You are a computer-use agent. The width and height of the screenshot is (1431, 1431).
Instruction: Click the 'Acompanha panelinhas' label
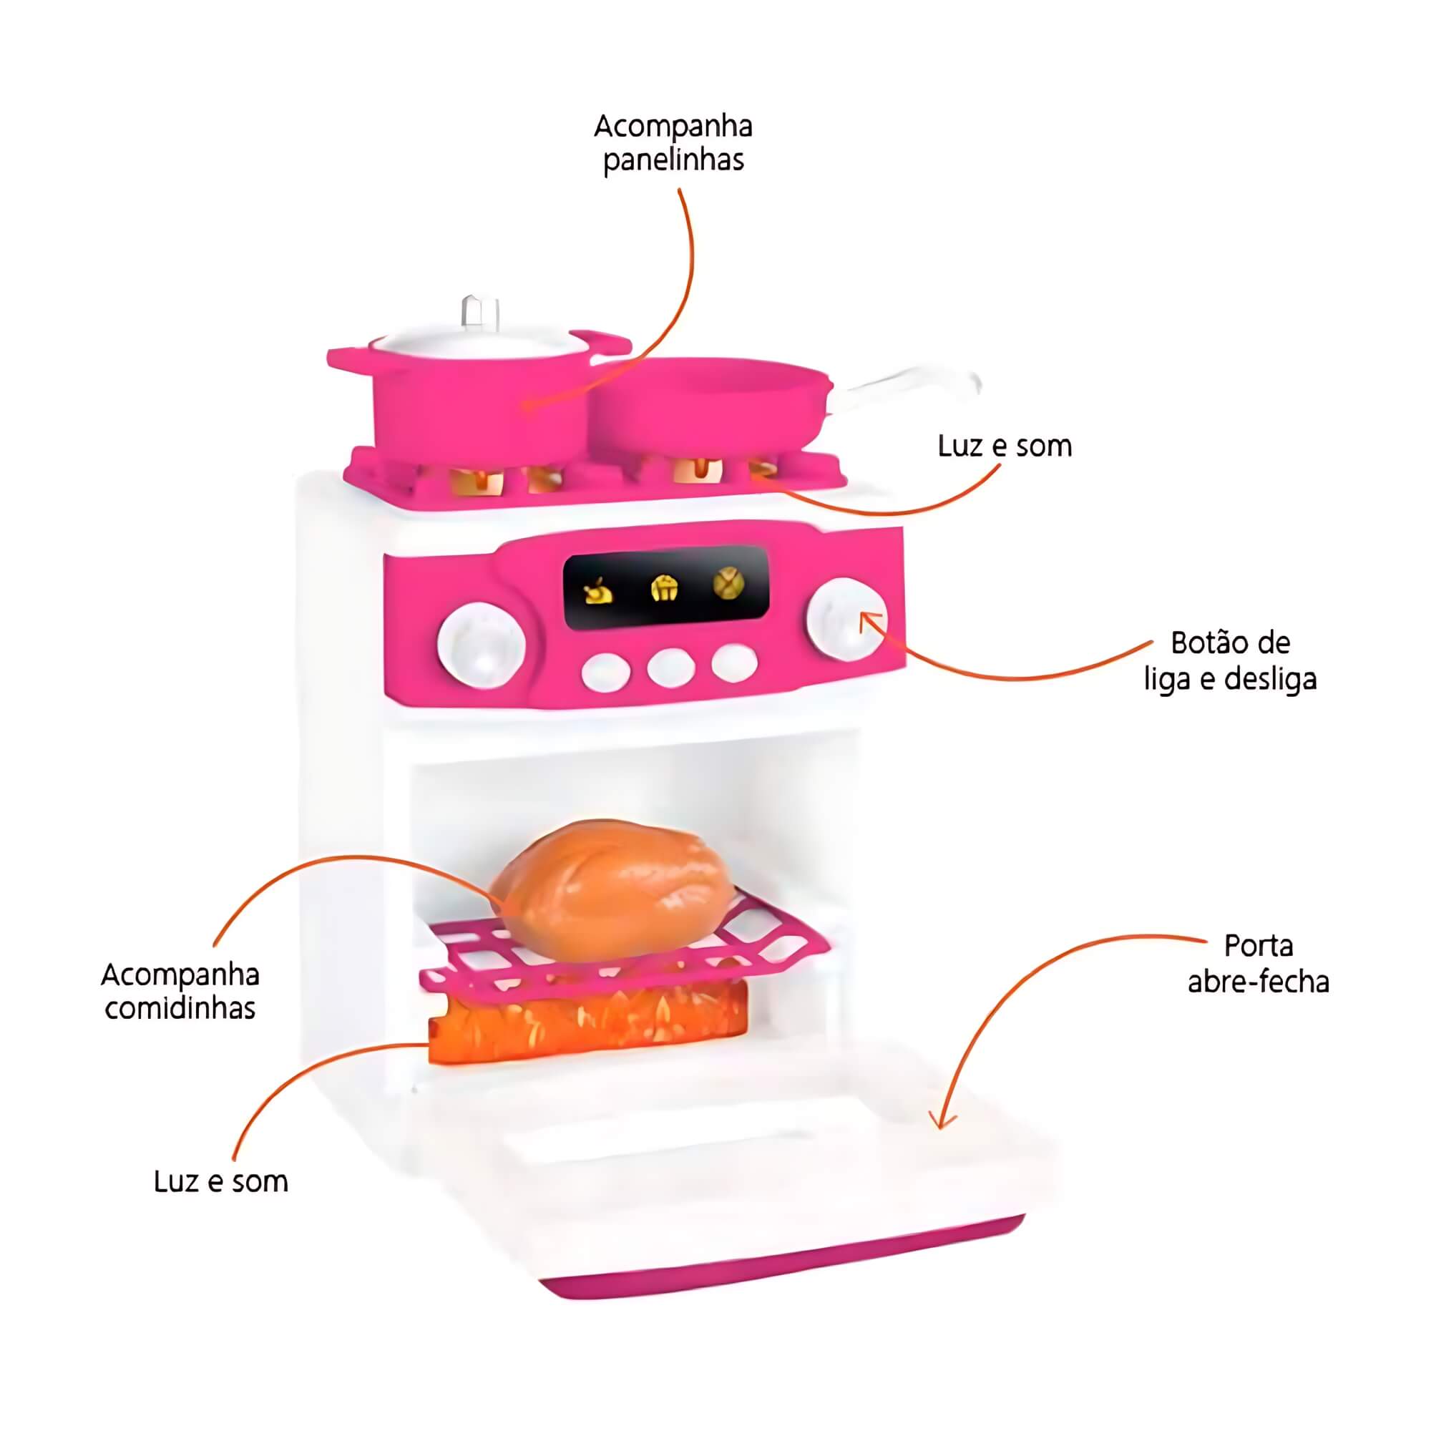[673, 143]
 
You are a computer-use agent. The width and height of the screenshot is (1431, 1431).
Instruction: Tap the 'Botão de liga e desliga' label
[1230, 660]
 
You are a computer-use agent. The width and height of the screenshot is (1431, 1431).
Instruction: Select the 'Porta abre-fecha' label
[1259, 964]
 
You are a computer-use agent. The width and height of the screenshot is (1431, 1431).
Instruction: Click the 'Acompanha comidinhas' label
[180, 992]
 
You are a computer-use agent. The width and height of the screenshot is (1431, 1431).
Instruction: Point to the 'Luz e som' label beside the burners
[1005, 446]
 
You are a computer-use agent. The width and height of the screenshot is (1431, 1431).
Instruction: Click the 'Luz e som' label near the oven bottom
[220, 1181]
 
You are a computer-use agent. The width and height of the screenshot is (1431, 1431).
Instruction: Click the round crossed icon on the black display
[728, 585]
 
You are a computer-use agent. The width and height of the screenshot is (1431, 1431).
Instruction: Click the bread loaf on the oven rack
[614, 889]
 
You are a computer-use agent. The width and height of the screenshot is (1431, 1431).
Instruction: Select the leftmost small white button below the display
[606, 672]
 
